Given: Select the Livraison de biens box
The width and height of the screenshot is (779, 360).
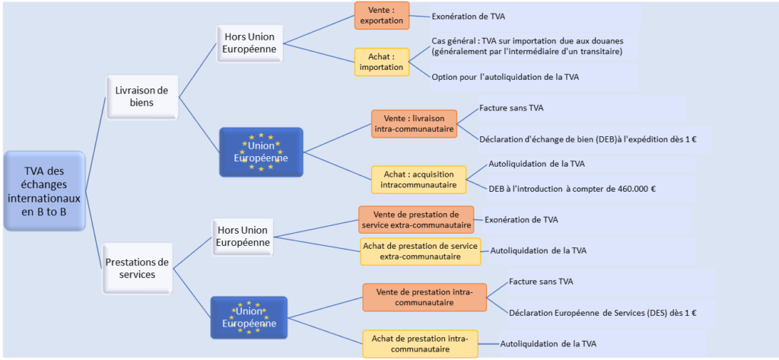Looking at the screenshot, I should pos(142,97).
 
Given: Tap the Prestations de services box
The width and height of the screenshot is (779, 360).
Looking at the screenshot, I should pos(138,268).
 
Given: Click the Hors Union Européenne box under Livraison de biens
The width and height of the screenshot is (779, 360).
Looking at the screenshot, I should pos(250,43).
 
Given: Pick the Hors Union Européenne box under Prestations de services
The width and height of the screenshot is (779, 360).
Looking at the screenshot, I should pos(243,236).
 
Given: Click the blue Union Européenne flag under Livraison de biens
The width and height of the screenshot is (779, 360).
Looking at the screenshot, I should pos(261,152).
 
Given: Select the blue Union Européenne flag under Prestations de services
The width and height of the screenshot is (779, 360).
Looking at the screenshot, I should pos(249,317).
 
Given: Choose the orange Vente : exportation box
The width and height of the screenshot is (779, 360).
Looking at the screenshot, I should pos(382,15).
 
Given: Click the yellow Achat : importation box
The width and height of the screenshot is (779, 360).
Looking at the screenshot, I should pos(382,62).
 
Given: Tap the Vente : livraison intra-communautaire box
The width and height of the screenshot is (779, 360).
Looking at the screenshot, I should pos(414,123).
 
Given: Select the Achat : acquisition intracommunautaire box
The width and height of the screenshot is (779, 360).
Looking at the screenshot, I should pos(418,179).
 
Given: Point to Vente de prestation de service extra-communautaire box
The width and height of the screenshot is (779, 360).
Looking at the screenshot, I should pos(416,219).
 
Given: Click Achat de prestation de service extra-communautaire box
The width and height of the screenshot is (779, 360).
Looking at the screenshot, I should pos(420,251).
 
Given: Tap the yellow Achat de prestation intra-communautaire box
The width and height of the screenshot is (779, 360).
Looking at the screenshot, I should pos(420,343).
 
